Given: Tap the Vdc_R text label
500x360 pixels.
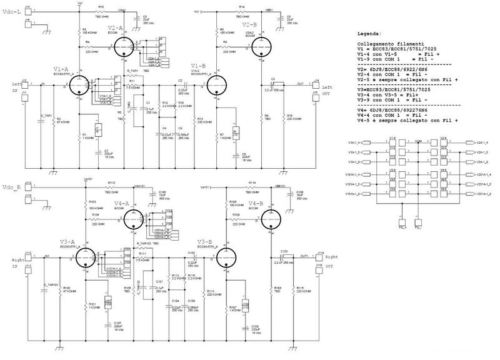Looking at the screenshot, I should tap(12, 187).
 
